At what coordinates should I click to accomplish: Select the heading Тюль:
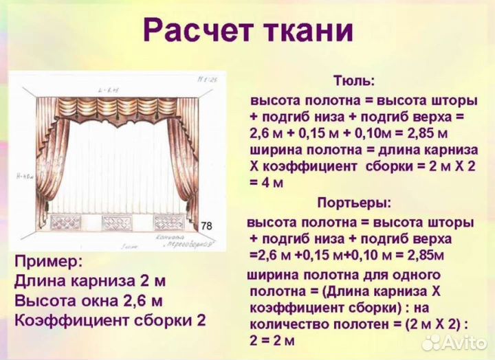354,81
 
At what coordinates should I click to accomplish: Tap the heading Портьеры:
354,203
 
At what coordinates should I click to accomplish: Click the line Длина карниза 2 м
89,282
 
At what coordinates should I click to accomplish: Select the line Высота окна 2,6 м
88,301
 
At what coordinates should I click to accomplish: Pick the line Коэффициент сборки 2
109,321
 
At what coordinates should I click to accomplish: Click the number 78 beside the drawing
206,226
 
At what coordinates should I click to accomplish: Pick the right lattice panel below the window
170,223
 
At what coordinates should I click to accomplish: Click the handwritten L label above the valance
109,91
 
